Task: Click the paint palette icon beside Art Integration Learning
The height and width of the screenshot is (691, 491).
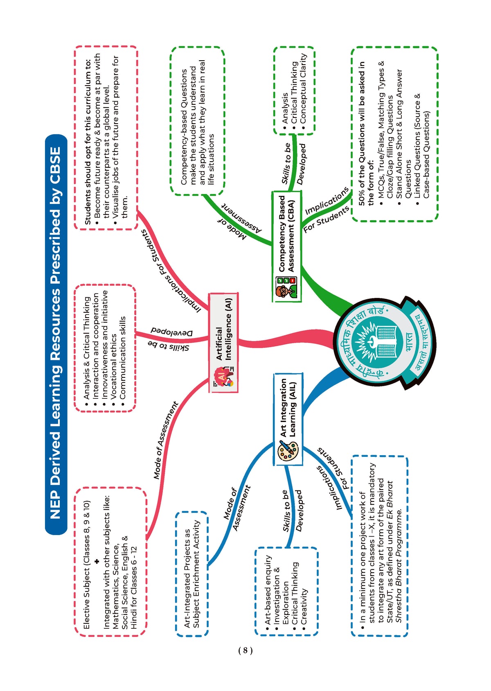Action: click(288, 451)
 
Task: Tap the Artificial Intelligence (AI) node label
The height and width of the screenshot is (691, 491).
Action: click(223, 329)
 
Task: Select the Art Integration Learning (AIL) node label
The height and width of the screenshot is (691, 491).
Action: click(288, 408)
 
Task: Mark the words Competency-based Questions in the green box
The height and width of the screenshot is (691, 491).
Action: click(184, 127)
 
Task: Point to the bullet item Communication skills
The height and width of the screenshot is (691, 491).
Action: click(123, 358)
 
